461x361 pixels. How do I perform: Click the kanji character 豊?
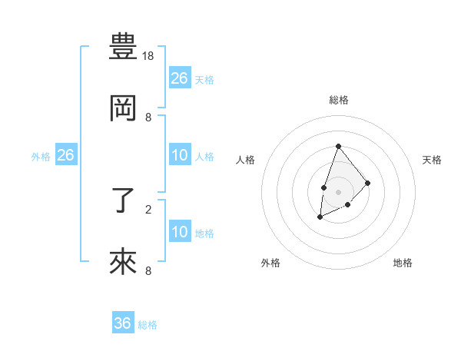click(x=123, y=48)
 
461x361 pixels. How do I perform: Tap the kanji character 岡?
click(x=123, y=110)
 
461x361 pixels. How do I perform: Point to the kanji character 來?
click(x=123, y=263)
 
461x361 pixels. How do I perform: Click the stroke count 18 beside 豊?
click(x=149, y=56)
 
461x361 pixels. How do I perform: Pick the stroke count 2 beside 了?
click(x=148, y=208)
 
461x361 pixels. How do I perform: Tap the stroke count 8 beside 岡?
click(x=148, y=118)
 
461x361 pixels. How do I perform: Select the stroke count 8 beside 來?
click(x=148, y=270)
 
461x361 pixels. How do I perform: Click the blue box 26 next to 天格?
click(x=180, y=78)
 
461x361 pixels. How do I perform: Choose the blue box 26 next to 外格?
click(x=66, y=155)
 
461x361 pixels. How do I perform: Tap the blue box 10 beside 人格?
click(x=180, y=155)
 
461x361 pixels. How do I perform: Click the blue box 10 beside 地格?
click(x=180, y=232)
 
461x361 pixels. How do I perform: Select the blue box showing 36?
click(x=123, y=323)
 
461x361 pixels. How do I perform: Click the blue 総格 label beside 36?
click(x=148, y=325)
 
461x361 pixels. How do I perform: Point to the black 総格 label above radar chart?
click(x=338, y=100)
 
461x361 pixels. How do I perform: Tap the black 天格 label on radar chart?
click(x=433, y=160)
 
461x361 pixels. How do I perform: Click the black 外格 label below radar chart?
click(x=270, y=263)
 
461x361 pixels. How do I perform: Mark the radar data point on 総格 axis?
click(x=338, y=146)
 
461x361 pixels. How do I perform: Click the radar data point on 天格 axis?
click(x=368, y=183)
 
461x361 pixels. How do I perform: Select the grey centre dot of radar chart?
click(x=338, y=191)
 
